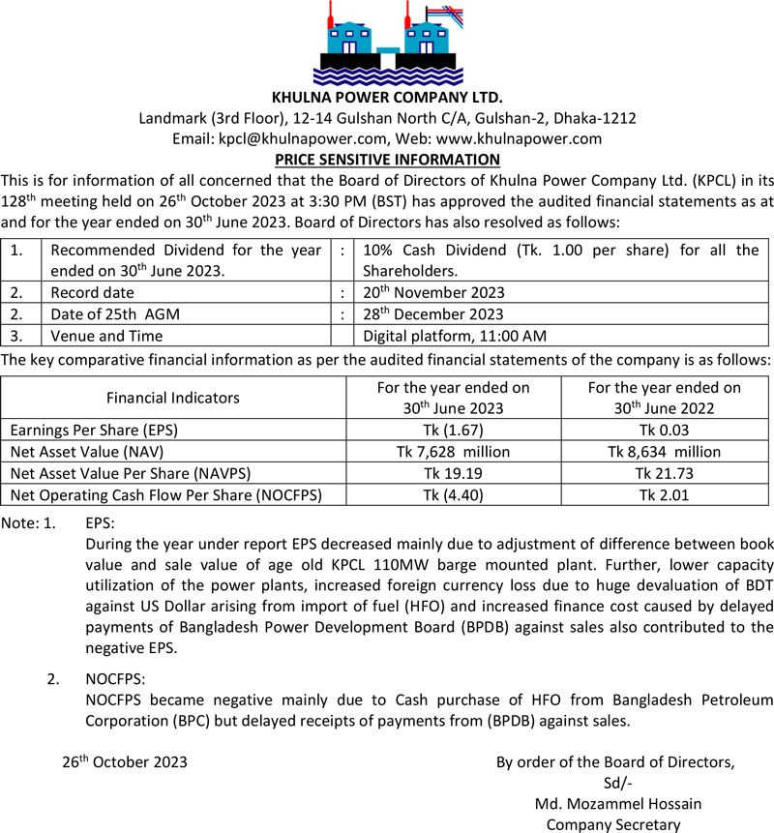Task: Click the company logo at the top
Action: (387, 44)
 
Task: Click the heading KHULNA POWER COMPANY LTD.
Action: (387, 98)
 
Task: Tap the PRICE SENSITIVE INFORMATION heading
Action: (387, 160)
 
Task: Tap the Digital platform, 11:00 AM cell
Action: (455, 337)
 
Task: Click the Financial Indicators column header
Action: (173, 398)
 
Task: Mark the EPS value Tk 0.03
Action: (664, 430)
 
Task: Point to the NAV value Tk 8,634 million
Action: (664, 452)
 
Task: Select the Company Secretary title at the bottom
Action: (613, 824)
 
